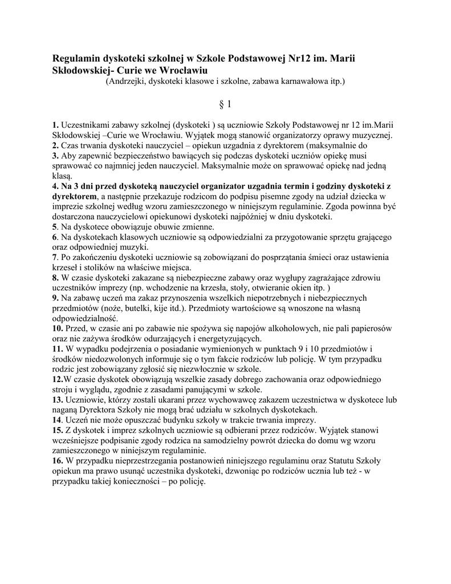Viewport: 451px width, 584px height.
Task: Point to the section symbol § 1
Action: (225, 104)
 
